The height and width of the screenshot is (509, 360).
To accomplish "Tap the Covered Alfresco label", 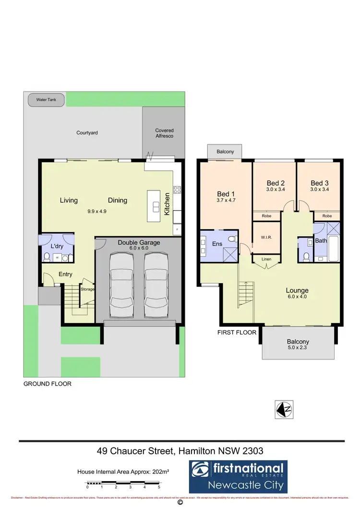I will (x=164, y=133).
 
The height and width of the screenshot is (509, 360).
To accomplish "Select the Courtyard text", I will (x=87, y=132).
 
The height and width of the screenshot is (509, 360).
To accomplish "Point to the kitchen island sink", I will (x=156, y=207).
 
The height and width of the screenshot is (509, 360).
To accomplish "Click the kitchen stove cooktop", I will (x=177, y=189).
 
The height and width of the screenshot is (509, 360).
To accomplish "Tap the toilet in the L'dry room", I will (x=47, y=258).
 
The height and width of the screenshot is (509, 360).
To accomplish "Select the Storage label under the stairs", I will (x=87, y=289).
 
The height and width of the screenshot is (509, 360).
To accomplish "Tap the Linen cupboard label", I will (x=266, y=260).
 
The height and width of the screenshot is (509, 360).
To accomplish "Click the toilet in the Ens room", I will (x=232, y=238).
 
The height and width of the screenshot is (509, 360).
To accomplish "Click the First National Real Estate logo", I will (x=238, y=476).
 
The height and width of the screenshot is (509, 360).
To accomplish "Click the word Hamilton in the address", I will (x=196, y=451).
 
